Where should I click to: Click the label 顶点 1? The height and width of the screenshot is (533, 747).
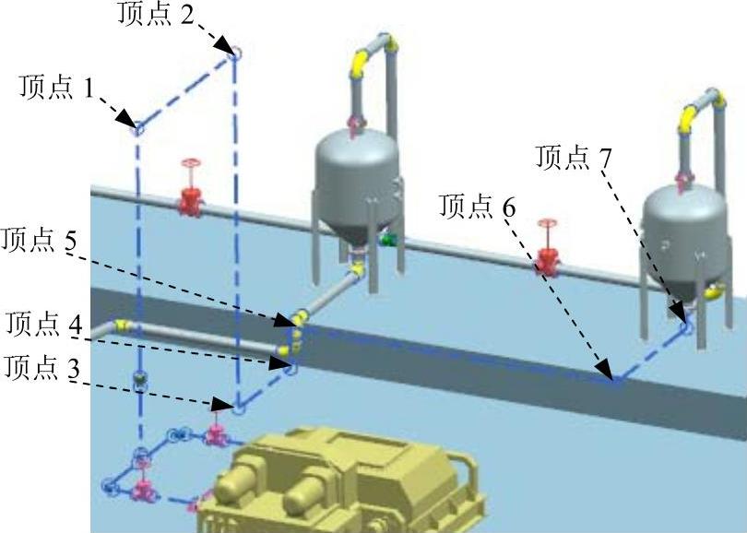pyautogui.click(x=56, y=89)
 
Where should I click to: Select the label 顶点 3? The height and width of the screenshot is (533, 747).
pyautogui.click(x=41, y=368)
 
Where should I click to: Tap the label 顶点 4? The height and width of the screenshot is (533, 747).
pyautogui.click(x=43, y=325)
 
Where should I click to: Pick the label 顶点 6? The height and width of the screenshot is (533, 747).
pyautogui.click(x=478, y=207)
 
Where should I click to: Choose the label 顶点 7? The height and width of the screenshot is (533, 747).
pyautogui.click(x=574, y=158)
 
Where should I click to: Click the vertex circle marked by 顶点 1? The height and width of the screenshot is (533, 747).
pyautogui.click(x=138, y=128)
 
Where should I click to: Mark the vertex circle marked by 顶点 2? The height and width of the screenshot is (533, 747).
pyautogui.click(x=234, y=54)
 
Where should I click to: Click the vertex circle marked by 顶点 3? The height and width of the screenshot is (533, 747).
pyautogui.click(x=238, y=407)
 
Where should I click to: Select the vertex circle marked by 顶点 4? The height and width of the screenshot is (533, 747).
pyautogui.click(x=292, y=368)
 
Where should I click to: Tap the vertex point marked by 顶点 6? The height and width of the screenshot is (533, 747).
pyautogui.click(x=615, y=380)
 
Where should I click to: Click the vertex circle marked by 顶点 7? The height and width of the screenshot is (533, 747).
pyautogui.click(x=685, y=324)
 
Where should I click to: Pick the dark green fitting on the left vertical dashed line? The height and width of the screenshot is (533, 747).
pyautogui.click(x=139, y=379)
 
